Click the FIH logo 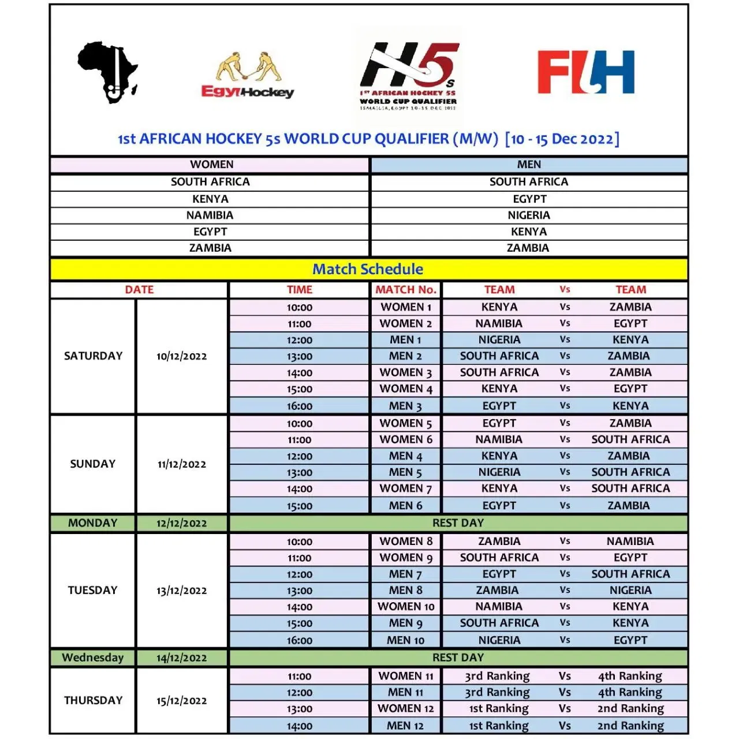coord(585,72)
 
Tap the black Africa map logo coord(108,72)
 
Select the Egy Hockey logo coord(248,76)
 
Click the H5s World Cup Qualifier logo coord(409,75)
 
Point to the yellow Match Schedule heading coord(368,269)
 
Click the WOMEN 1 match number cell coord(405,307)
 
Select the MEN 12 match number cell coord(405,726)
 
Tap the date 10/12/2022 coord(181,356)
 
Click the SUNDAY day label coord(92,464)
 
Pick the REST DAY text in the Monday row coord(458,523)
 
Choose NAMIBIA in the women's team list coord(210,215)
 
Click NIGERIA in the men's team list coord(529,215)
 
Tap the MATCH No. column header coord(405,290)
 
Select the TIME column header coord(299,290)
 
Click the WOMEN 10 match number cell coord(405,607)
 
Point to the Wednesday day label coord(92,658)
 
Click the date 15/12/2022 coord(181,701)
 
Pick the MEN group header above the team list coord(529,165)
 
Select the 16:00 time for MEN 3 coord(299,406)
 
